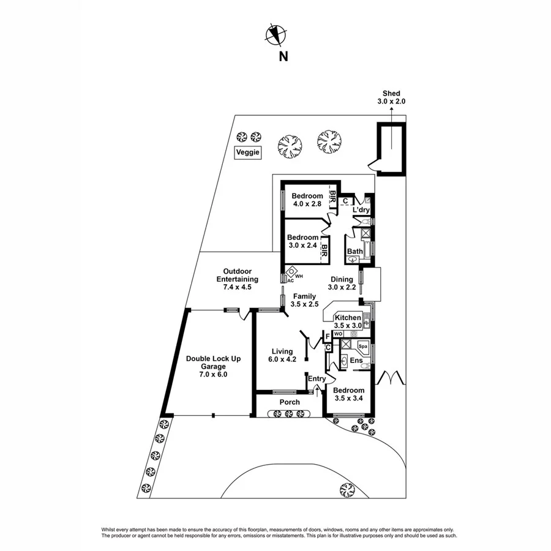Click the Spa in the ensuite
tap(362, 347)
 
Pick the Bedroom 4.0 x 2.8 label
tap(307, 200)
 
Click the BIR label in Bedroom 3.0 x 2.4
tap(324, 251)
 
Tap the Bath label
tap(354, 252)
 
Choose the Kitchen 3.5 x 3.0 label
tap(348, 321)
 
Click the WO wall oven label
tap(339, 334)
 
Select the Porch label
tap(290, 402)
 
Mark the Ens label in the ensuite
tap(357, 361)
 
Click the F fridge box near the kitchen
tap(328, 336)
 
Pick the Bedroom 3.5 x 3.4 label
tap(350, 394)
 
